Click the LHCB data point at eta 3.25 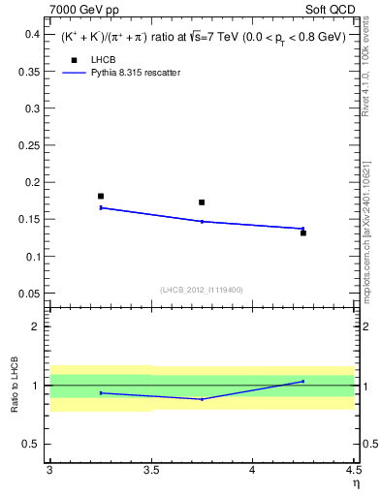pyautogui.click(x=101, y=197)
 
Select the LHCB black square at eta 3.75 pyautogui.click(x=202, y=202)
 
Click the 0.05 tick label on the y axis pyautogui.click(x=32, y=294)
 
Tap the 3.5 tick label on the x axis pyautogui.click(x=150, y=471)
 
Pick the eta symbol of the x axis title pyautogui.click(x=355, y=482)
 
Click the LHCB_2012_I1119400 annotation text pyautogui.click(x=202, y=290)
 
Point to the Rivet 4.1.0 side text pyautogui.click(x=365, y=73)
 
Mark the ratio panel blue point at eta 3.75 pyautogui.click(x=202, y=399)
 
